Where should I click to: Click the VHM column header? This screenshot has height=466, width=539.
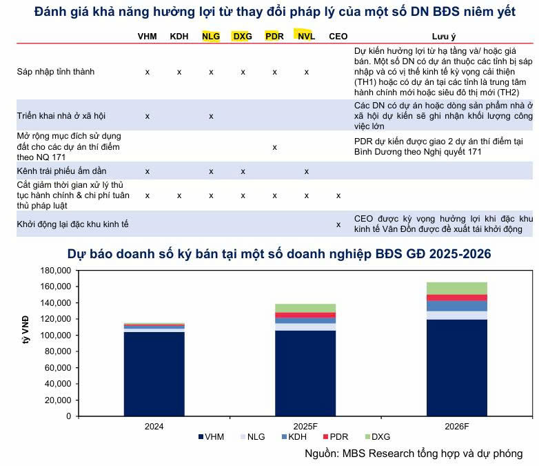point(147,36)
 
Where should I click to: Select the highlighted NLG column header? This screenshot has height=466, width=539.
point(211,36)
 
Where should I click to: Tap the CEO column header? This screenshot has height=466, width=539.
point(338,36)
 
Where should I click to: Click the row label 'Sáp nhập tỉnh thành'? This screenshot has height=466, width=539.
point(56,72)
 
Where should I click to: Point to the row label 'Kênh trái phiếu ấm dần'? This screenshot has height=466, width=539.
point(62,171)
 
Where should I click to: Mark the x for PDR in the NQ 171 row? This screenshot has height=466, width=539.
point(274,147)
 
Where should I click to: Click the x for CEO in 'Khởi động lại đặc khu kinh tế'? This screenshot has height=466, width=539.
point(338,224)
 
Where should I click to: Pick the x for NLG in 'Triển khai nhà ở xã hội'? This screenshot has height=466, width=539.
point(211,116)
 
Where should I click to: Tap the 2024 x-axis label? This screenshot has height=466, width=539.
point(154,427)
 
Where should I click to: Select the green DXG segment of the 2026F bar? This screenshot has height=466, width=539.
point(456,288)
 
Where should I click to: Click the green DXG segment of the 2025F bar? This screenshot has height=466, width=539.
point(305,308)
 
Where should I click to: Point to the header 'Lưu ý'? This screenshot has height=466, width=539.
point(443,36)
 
